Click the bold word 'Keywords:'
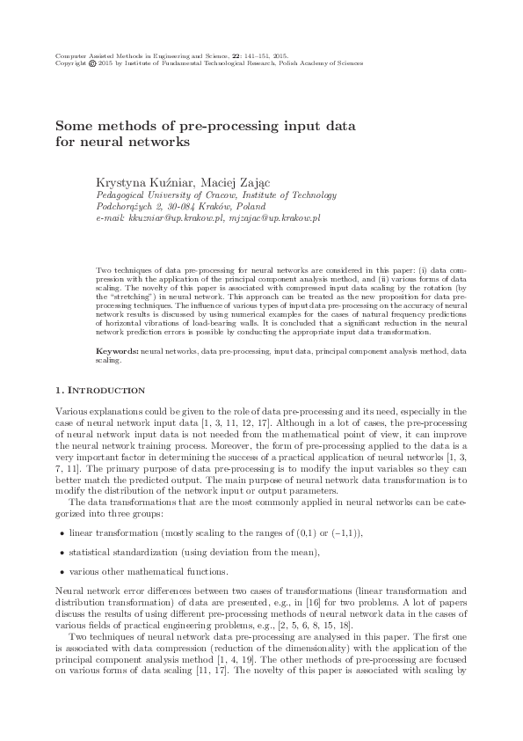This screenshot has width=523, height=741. (117, 350)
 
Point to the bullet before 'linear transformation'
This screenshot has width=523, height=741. (60, 534)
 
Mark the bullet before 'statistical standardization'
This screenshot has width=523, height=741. (60, 553)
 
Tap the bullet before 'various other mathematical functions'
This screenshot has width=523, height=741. (60, 571)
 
